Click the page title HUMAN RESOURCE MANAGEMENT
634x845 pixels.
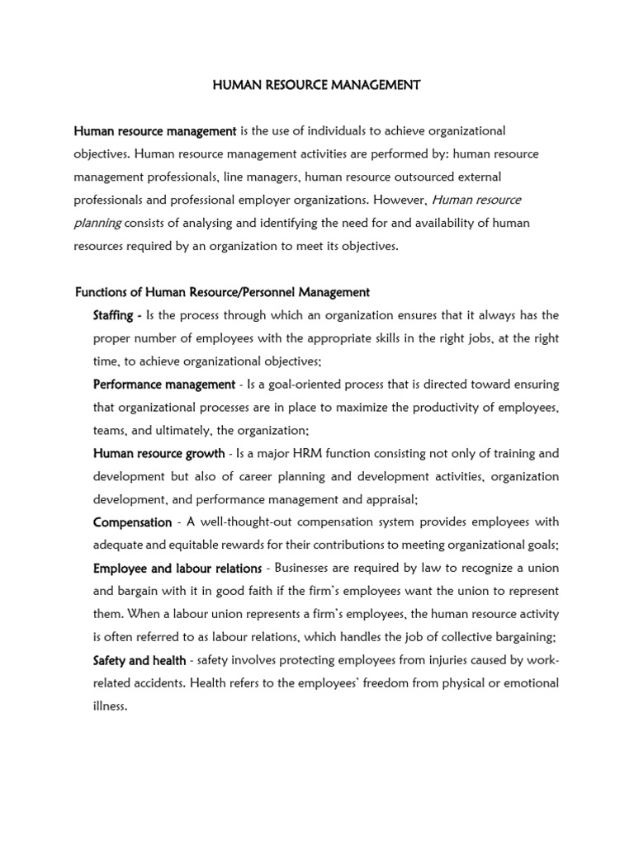point(317,85)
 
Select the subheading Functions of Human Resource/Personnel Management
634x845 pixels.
point(222,292)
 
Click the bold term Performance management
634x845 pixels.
point(164,385)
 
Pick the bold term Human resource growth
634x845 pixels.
point(158,453)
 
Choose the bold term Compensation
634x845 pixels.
point(132,522)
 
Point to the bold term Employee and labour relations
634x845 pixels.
point(177,569)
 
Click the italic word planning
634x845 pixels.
point(98,223)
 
